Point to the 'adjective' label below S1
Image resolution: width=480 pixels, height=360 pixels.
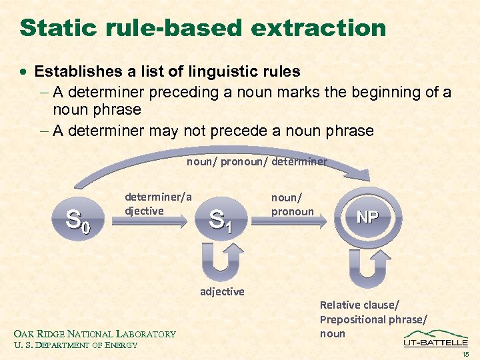coord(222,291)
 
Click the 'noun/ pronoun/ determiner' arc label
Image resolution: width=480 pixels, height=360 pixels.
coord(257,162)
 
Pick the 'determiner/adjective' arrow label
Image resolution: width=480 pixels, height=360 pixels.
coord(158,203)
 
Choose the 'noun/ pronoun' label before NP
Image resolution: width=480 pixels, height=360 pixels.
coord(292,204)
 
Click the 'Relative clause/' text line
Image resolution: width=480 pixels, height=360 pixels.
coord(359,305)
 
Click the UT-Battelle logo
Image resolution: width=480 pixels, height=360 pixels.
coord(435,339)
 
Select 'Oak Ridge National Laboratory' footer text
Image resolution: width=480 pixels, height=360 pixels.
coord(95,334)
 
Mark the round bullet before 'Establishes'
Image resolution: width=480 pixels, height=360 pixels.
coord(24,71)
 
